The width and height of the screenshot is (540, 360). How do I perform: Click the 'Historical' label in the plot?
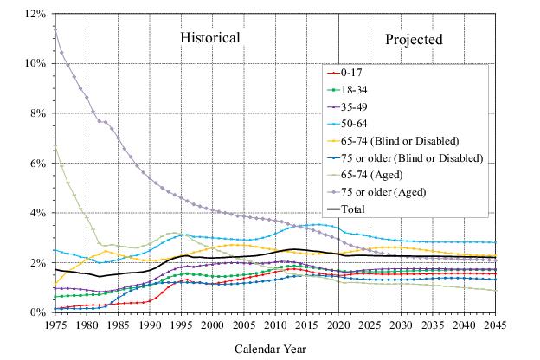(209, 38)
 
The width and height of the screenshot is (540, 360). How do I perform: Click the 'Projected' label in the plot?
(414, 39)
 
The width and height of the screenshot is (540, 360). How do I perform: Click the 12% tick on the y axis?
(34, 15)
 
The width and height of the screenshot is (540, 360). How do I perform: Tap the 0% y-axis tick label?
(36, 312)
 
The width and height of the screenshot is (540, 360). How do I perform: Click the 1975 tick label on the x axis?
(55, 325)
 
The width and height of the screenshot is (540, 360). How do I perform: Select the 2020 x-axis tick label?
(337, 325)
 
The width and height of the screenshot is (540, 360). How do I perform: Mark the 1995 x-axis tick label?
(180, 325)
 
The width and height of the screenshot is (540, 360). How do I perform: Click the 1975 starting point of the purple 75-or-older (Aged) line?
(55, 27)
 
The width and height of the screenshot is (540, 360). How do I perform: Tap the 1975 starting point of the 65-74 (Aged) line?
(55, 147)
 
